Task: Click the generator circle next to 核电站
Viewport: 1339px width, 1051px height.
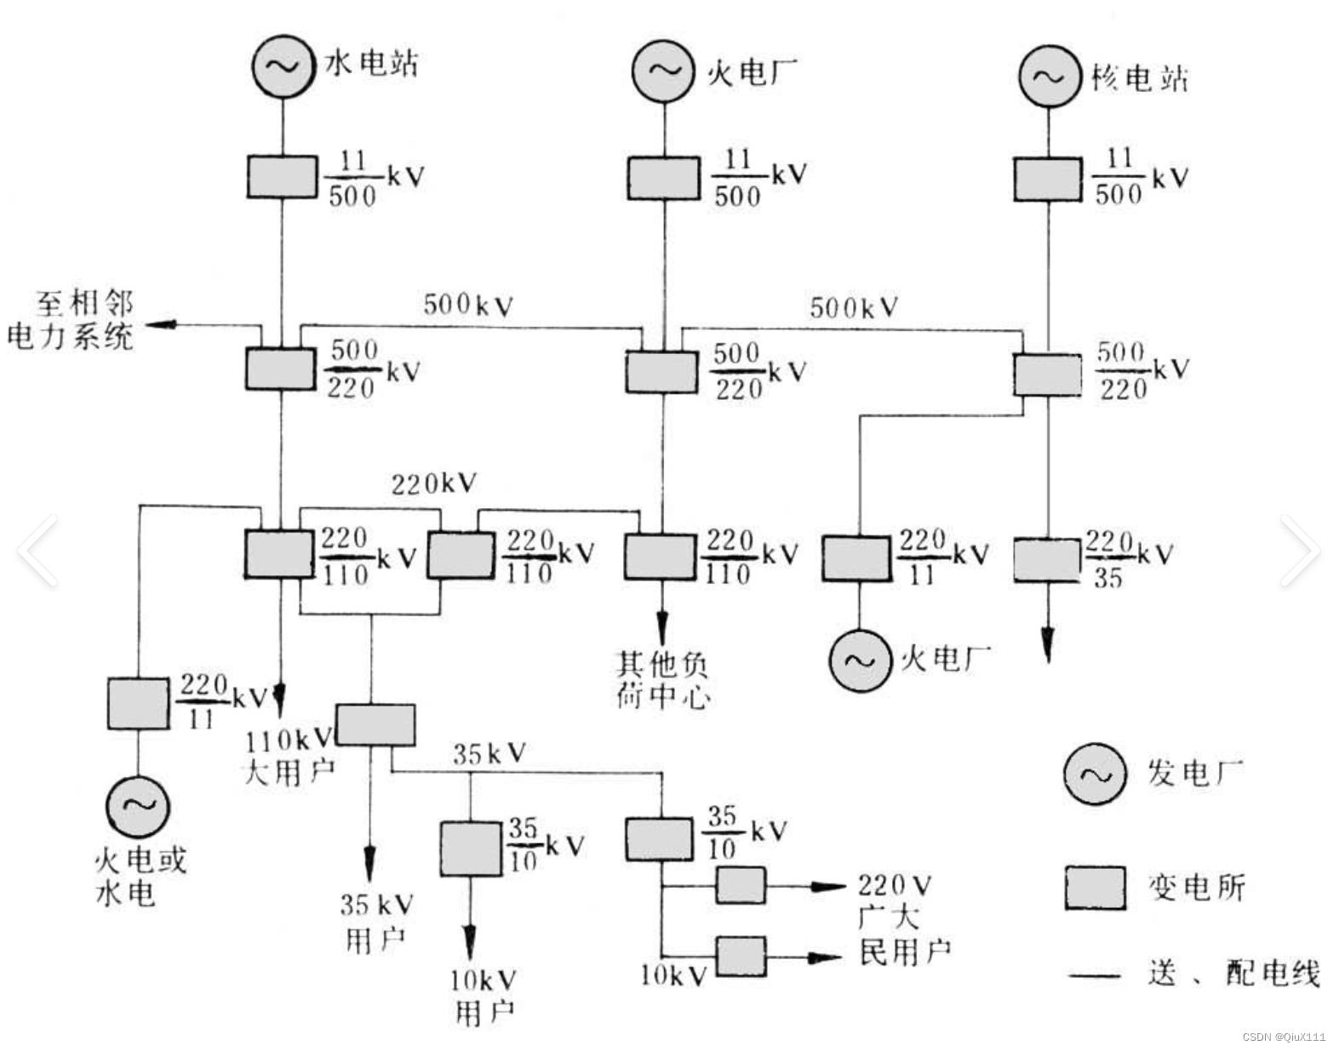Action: coord(1049,77)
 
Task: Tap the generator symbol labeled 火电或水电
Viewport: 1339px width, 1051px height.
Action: coord(138,805)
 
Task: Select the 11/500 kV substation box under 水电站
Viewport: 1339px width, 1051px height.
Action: coord(282,177)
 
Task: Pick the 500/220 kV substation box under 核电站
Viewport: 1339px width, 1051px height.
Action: coord(1048,375)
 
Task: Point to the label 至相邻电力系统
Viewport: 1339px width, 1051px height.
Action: coord(72,322)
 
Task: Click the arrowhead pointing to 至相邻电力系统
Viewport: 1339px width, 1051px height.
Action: coord(162,324)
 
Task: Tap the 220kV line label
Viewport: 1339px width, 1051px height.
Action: coord(433,483)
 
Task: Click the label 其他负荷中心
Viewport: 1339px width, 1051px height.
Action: coord(662,679)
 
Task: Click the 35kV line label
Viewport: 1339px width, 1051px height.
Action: coord(489,753)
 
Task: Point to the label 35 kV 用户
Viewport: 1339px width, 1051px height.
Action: coord(376,922)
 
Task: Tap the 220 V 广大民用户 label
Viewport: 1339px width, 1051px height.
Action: coord(902,919)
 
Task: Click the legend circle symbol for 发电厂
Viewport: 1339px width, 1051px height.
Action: coord(1095,774)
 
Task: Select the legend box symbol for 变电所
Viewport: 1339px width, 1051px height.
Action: coord(1095,888)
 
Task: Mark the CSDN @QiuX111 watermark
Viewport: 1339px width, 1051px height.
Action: coord(1284,1037)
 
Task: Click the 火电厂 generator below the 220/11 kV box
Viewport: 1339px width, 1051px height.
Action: coord(860,661)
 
